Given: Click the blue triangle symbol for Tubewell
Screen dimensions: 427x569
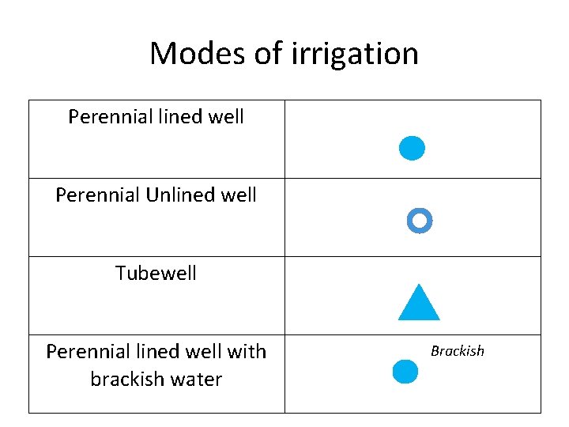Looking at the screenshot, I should pyautogui.click(x=419, y=303).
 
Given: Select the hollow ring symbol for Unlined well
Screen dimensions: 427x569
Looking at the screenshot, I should pyautogui.click(x=419, y=221).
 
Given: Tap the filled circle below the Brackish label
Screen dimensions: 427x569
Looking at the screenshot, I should pyautogui.click(x=405, y=372).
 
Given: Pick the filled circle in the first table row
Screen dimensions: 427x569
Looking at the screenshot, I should pyautogui.click(x=412, y=148).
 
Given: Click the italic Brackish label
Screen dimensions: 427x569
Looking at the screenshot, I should pyautogui.click(x=457, y=350).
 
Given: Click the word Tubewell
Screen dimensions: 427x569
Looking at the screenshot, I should pyautogui.click(x=156, y=274).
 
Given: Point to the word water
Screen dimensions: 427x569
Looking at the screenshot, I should pyautogui.click(x=197, y=379).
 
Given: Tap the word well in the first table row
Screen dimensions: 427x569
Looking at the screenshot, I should pyautogui.click(x=224, y=117).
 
